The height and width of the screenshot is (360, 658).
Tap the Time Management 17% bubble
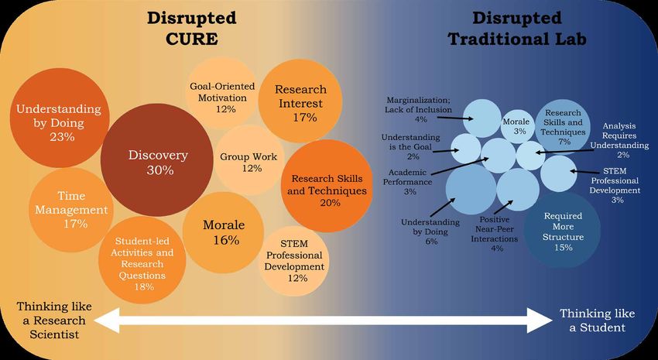point(69,210)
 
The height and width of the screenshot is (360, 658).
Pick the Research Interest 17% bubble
point(300,101)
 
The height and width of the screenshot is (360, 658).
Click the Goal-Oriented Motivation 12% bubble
point(221,93)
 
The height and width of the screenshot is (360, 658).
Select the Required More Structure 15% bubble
point(562,230)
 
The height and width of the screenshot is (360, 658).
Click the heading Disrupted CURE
point(192,28)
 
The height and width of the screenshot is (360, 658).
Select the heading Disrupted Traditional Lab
point(517,28)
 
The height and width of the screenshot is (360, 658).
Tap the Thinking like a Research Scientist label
point(54,321)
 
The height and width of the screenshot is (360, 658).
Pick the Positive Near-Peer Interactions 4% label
point(494,234)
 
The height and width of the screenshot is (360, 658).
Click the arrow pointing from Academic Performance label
point(461,166)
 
